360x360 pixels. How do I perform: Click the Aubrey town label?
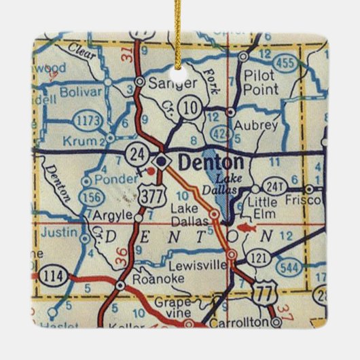click(255, 126)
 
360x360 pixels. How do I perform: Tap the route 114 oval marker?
click(50, 275)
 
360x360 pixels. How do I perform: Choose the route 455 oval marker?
click(286, 62)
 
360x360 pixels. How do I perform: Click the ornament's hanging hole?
click(180, 70)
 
